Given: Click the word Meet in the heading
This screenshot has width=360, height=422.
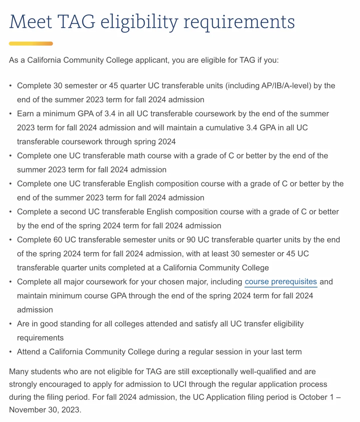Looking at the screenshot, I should click(30, 22).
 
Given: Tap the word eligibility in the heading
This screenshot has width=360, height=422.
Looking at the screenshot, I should click(139, 22).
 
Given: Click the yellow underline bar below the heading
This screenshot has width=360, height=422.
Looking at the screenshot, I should click(31, 44).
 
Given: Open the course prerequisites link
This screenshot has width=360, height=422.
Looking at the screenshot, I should click(281, 282).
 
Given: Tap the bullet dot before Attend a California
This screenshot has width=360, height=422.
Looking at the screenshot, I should click(11, 352).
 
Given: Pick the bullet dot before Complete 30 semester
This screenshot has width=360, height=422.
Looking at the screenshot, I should click(11, 86).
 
